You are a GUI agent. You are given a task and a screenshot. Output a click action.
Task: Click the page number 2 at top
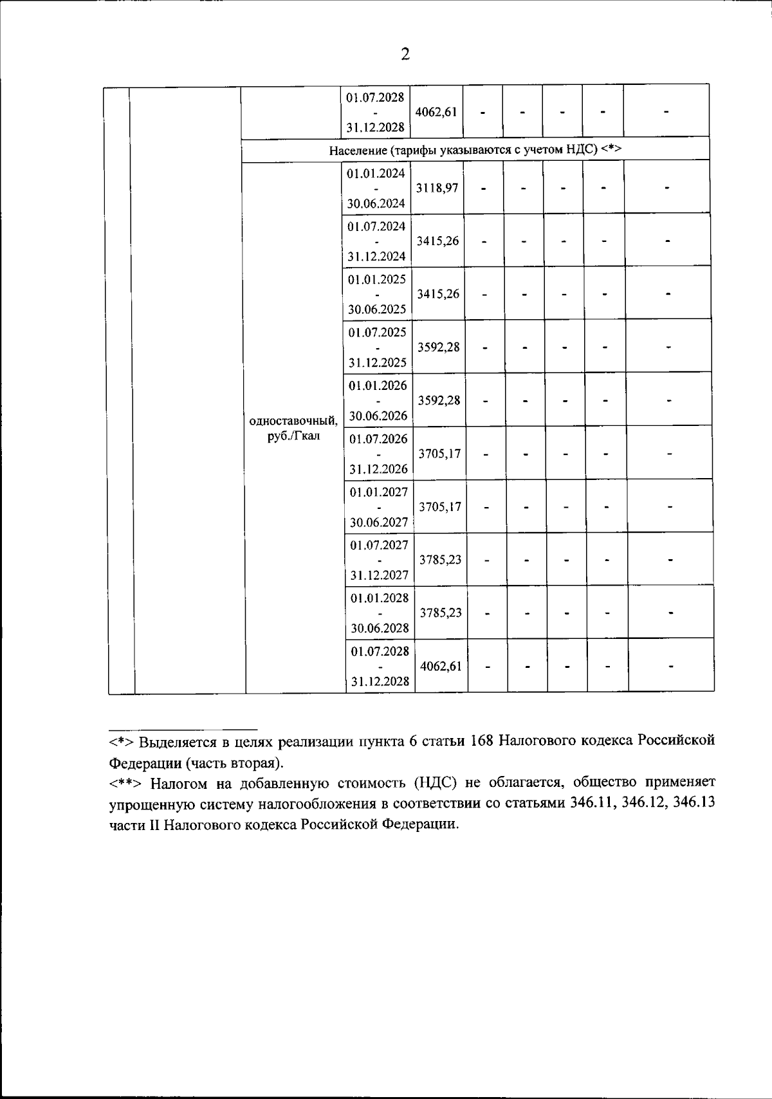point(405,54)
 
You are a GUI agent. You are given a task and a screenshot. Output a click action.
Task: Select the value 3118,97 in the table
point(437,188)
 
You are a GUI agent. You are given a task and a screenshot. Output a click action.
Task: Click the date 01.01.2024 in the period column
point(376,173)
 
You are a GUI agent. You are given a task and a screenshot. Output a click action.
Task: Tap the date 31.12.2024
point(377,256)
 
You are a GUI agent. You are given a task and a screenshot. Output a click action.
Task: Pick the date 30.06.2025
point(377,309)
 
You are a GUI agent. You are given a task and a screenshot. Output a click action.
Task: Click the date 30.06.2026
point(378,416)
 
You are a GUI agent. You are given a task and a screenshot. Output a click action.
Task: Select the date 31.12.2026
point(378,469)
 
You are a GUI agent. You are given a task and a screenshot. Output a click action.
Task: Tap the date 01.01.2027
point(379,492)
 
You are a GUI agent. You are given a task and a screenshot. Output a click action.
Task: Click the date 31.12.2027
point(379,575)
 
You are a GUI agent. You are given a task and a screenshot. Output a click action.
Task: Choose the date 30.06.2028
point(380,628)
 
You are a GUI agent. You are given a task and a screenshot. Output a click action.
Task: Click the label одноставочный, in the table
point(293,421)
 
